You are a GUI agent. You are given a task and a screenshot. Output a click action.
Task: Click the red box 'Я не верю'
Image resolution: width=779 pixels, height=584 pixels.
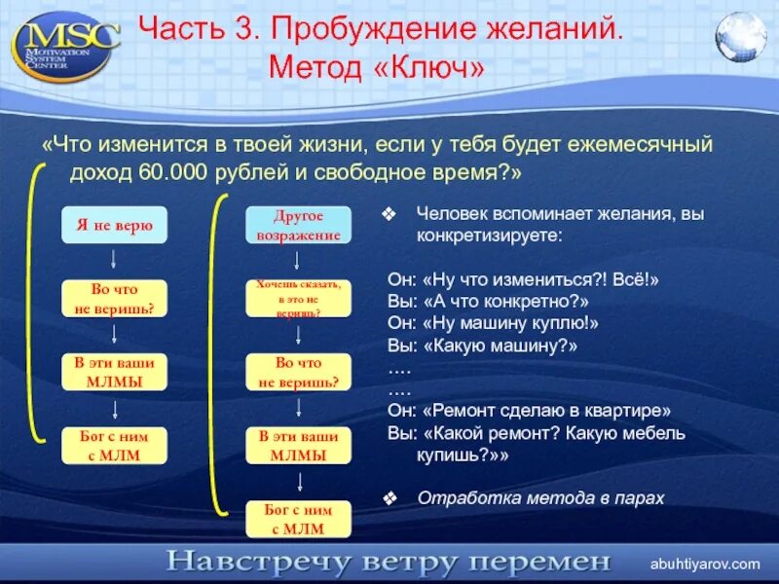(114, 225)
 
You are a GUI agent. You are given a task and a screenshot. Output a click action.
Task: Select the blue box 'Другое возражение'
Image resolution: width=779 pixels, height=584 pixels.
(298, 225)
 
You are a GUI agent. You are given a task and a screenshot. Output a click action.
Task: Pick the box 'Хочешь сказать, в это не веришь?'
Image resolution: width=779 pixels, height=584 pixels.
(298, 299)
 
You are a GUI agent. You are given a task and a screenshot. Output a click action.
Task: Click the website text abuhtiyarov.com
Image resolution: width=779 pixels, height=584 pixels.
(705, 564)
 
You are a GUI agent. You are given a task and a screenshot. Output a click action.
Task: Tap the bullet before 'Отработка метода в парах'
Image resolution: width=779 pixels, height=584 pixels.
(390, 498)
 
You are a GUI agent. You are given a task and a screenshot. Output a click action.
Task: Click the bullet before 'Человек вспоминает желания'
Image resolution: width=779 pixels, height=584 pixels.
(390, 213)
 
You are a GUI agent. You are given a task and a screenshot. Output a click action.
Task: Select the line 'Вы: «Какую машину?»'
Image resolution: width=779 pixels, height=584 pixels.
(483, 346)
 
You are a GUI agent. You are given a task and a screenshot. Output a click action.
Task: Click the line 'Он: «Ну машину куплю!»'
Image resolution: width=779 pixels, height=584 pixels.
(493, 323)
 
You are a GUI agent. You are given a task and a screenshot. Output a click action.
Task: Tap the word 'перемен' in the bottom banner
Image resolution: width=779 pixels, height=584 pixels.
(548, 563)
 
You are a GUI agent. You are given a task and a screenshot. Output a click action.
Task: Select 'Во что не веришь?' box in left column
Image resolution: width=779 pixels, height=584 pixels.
(114, 299)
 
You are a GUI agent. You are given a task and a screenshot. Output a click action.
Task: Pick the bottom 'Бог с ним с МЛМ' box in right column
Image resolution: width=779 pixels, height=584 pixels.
(298, 519)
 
